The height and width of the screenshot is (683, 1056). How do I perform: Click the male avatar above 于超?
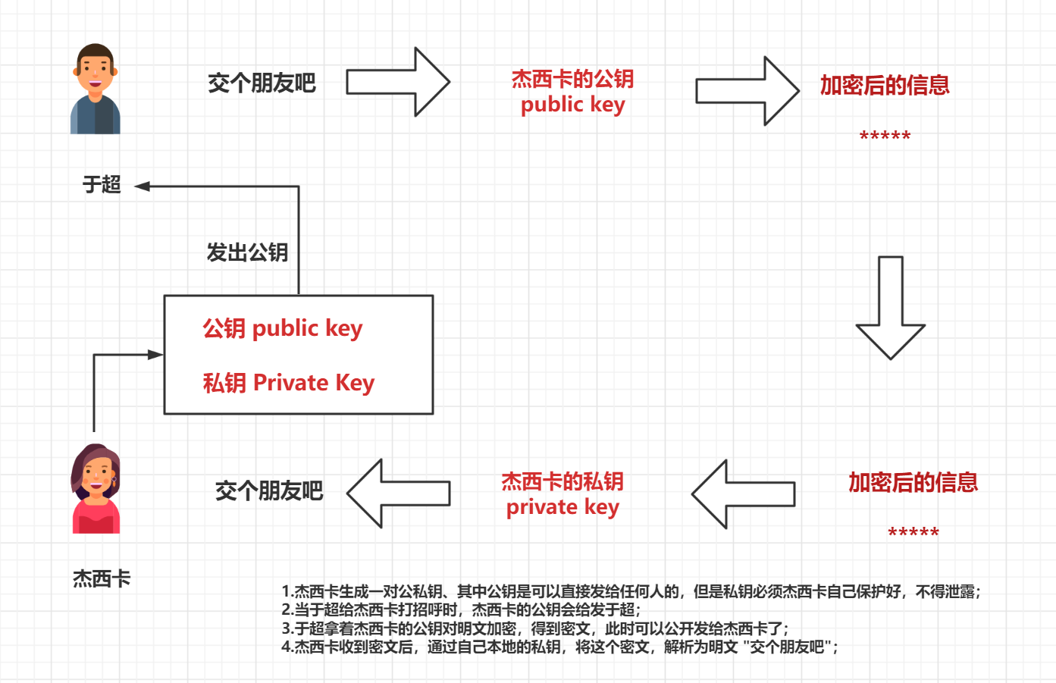96,89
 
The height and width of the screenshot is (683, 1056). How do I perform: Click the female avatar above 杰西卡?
96,489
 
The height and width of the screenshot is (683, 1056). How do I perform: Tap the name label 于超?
102,184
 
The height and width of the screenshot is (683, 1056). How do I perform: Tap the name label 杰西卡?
102,579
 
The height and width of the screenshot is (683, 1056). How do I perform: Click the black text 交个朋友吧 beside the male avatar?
262,83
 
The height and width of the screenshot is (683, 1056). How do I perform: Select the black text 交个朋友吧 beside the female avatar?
269,491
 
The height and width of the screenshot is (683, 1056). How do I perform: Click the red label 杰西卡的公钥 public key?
572,91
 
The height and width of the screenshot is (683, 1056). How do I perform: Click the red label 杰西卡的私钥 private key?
562,494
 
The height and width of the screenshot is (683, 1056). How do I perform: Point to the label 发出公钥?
247,252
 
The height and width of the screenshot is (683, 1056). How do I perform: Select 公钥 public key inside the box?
282,328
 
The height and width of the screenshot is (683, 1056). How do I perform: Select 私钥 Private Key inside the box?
288,383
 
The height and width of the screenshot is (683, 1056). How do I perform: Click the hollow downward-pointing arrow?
891,307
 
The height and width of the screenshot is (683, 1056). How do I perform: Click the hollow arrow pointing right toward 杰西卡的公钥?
399,82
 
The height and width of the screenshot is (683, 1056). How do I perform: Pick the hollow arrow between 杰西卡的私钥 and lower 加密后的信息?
743,494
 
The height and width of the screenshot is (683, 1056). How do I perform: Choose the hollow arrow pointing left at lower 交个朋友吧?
399,493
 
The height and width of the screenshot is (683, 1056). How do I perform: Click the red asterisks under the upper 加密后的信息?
885,137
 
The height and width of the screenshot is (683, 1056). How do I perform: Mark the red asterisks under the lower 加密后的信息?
913,533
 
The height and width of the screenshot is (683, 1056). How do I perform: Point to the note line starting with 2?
461,609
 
